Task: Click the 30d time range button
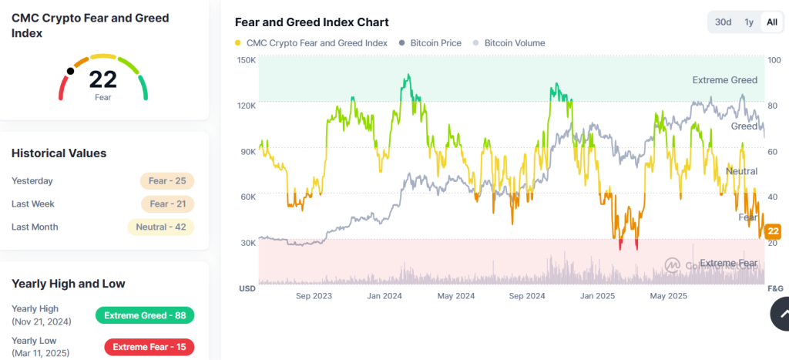click(x=723, y=22)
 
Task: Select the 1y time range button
click(x=748, y=22)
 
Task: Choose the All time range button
click(x=771, y=22)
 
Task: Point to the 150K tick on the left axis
click(x=247, y=60)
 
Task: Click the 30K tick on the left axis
click(x=247, y=243)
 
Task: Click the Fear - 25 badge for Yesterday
click(x=166, y=181)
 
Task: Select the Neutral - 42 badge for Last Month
click(x=160, y=227)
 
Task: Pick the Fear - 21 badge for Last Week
click(x=166, y=204)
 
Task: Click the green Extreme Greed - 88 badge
click(x=144, y=315)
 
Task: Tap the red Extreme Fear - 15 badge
click(x=144, y=347)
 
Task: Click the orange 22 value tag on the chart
click(x=774, y=231)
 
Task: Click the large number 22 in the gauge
click(x=102, y=79)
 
